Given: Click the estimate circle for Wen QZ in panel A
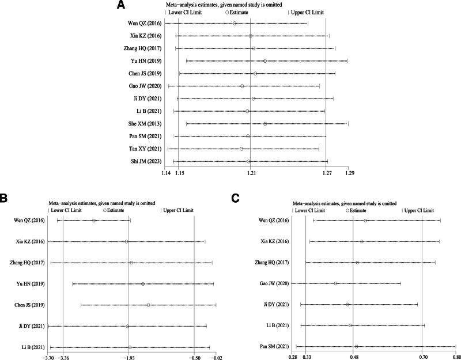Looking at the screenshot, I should coord(235,23).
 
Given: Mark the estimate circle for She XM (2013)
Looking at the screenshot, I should coord(265,124).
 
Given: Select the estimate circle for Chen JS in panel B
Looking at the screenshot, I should coord(149,305).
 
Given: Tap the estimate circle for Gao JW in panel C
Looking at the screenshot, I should coord(335,283).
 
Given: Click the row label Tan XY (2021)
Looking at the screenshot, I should coord(146,149).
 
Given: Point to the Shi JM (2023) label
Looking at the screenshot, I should coord(146,161).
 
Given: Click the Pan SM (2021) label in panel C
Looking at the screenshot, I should coord(273,347).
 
